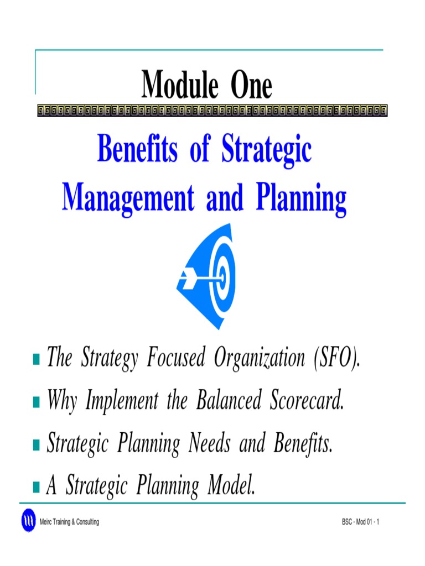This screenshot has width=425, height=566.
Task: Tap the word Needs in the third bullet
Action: point(209,443)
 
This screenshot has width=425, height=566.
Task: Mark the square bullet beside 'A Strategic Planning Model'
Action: point(37,486)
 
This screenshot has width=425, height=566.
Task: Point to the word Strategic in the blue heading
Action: point(267,150)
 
